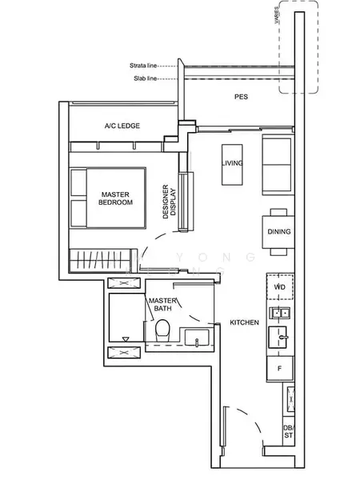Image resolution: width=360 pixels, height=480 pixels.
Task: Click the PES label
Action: pos(240,97)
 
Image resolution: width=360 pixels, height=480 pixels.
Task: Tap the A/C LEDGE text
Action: pos(120,126)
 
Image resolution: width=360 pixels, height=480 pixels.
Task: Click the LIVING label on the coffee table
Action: pos(233,163)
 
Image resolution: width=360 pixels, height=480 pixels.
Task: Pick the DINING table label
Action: pos(279,232)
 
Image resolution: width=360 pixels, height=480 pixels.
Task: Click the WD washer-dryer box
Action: pos(280,286)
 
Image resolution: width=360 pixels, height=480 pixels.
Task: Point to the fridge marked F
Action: pos(280,369)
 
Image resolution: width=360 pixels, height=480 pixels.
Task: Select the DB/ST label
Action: pos(287,433)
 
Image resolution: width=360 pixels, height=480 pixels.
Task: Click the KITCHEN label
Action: pos(244,322)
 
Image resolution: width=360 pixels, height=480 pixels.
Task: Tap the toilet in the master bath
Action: pos(162,330)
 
